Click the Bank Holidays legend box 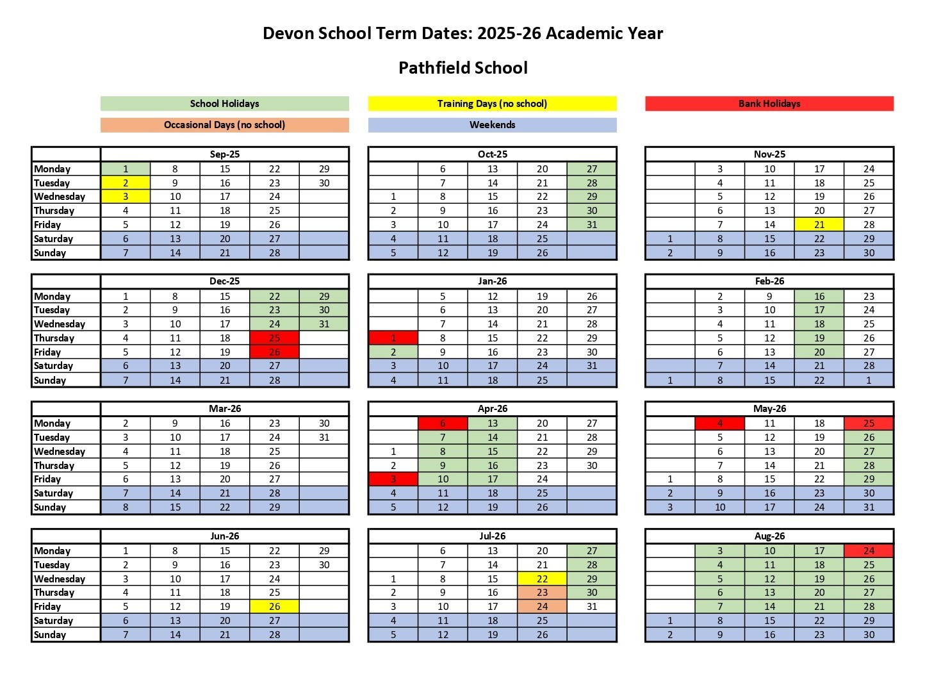pos(769,104)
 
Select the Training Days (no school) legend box pos(492,104)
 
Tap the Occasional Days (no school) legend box pos(224,125)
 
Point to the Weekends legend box pos(492,125)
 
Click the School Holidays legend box pos(224,104)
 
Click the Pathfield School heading pos(463,68)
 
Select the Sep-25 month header pos(224,154)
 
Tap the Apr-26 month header pos(492,409)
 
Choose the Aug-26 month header pos(769,536)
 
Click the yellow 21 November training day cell pos(819,225)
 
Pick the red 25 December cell pos(274,338)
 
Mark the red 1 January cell pos(393,338)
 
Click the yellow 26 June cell pos(274,607)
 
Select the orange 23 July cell pos(542,593)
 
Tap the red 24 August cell pos(869,551)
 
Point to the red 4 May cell pos(719,423)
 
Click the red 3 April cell pos(393,479)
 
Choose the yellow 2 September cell pos(126,183)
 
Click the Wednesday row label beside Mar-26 pos(60,452)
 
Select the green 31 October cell pos(591,225)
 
